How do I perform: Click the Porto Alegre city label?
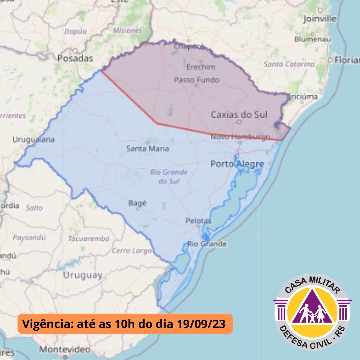pyautogui.click(x=237, y=164)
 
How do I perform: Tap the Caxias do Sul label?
pyautogui.click(x=239, y=115)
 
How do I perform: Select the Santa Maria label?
pyautogui.click(x=147, y=149)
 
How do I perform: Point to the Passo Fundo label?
pyautogui.click(x=197, y=80)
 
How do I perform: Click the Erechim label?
pyautogui.click(x=201, y=67)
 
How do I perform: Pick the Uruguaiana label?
pyautogui.click(x=33, y=140)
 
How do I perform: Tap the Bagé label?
pyautogui.click(x=137, y=203)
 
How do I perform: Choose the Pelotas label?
pyautogui.click(x=199, y=221)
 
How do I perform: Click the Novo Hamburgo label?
pyautogui.click(x=240, y=137)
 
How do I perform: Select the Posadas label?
pyautogui.click(x=75, y=59)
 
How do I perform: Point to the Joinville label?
pyautogui.click(x=320, y=19)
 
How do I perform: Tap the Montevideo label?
pyautogui.click(x=65, y=350)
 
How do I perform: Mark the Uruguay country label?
pyautogui.click(x=82, y=275)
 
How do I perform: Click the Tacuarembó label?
pyautogui.click(x=89, y=239)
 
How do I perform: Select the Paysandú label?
pyautogui.click(x=29, y=238)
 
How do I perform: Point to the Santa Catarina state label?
pyautogui.click(x=289, y=64)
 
